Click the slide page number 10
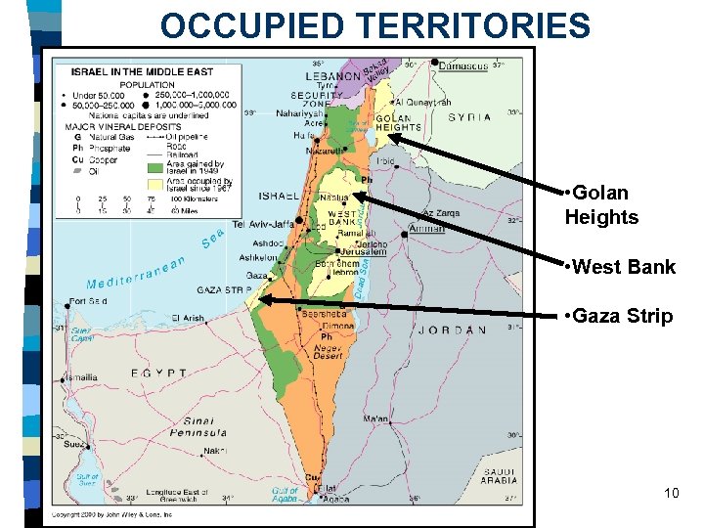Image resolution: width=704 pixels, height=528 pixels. click(671, 493)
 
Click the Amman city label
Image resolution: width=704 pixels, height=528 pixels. click(426, 228)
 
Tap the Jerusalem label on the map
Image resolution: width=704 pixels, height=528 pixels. click(364, 251)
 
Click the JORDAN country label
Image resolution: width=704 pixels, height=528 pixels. click(452, 330)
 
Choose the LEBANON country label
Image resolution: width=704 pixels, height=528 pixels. click(333, 76)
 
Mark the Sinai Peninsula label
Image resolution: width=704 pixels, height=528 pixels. click(199, 426)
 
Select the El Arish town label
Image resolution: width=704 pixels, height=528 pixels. click(188, 318)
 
